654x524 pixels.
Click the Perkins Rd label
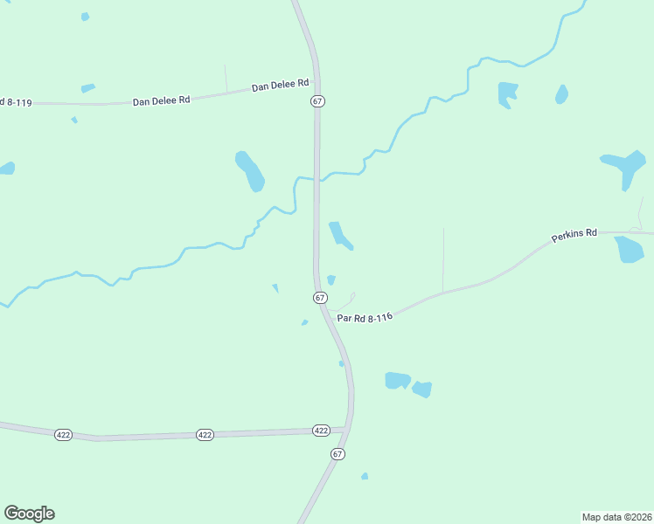[x=574, y=235]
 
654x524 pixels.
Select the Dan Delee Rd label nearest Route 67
[x=281, y=86]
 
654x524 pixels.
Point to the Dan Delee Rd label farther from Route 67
[x=161, y=100]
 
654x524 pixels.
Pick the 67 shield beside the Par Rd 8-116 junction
[x=320, y=298]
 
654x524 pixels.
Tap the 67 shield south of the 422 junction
[x=337, y=454]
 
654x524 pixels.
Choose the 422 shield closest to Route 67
[x=321, y=431]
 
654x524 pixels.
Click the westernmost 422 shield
[x=63, y=434]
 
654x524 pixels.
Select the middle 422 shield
[x=205, y=434]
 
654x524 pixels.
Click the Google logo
[x=29, y=514]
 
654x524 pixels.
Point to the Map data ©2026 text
[x=617, y=516]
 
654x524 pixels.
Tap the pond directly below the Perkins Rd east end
[x=630, y=250]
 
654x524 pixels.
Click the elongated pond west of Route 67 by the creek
[x=249, y=170]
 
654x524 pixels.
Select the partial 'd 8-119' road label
[x=16, y=103]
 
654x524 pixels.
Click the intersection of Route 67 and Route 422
[x=347, y=429]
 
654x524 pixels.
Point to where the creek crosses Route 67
[x=317, y=181]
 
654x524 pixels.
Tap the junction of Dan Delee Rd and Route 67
[x=317, y=84]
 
